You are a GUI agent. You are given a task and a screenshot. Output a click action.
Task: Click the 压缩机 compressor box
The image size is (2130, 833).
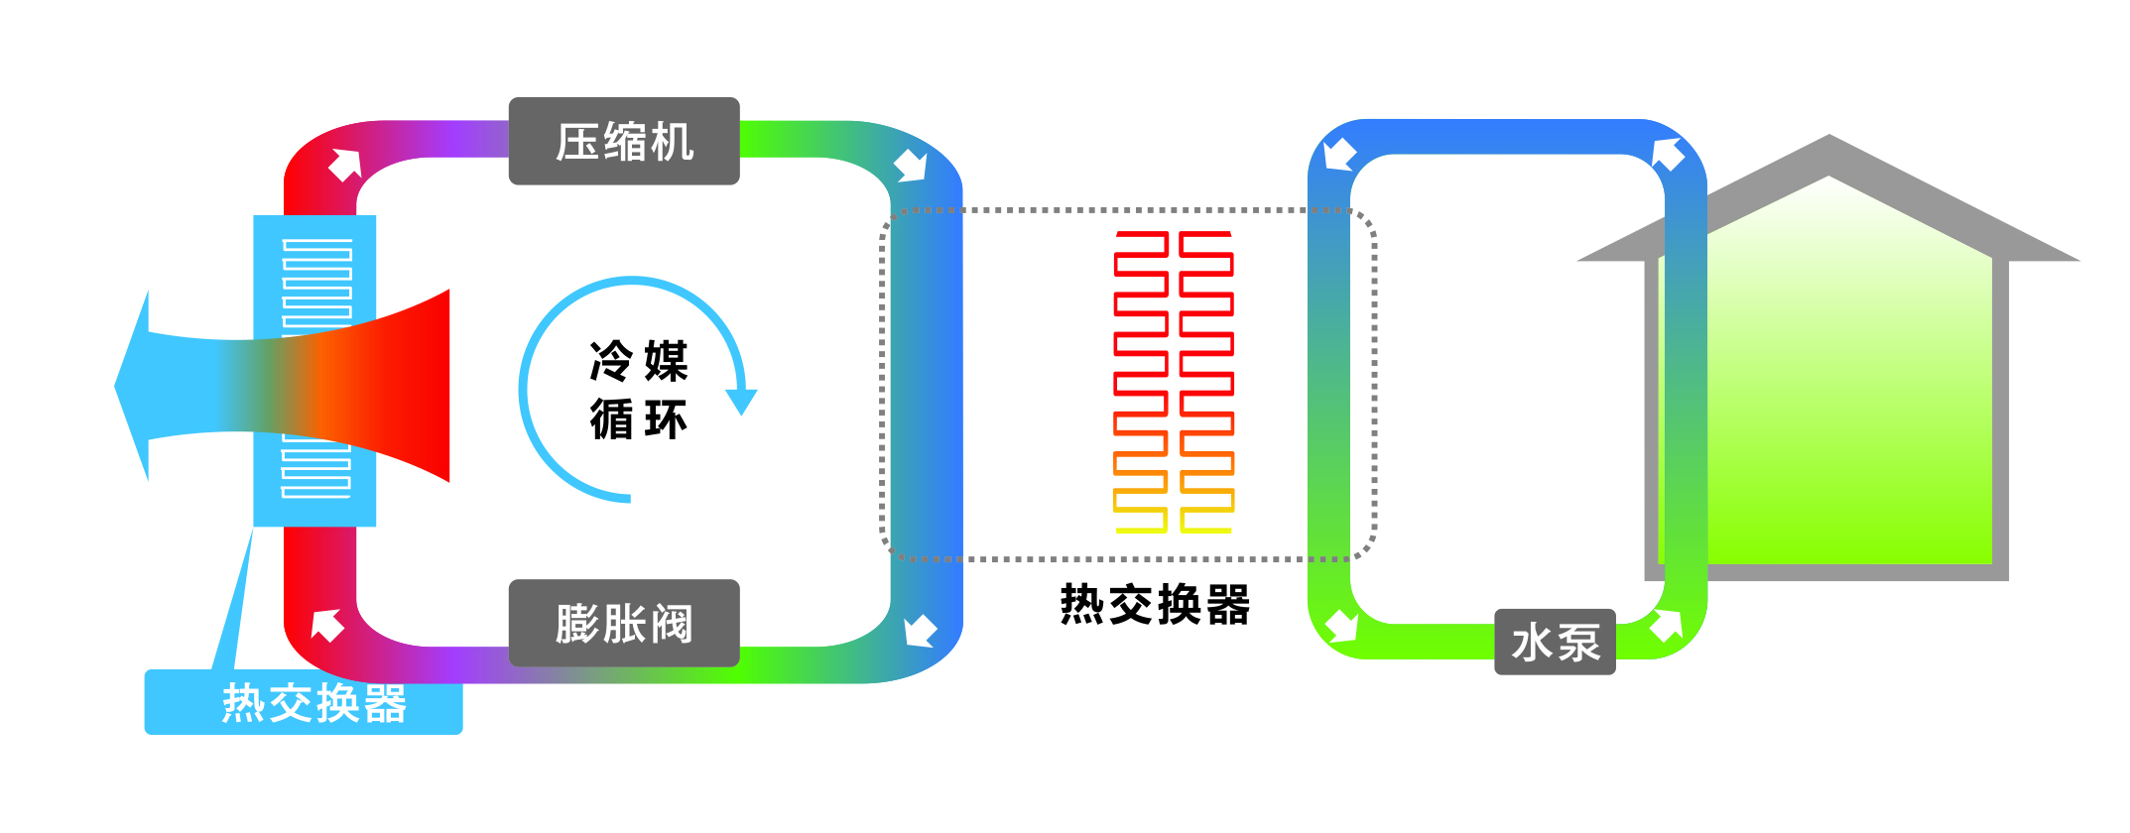click(624, 141)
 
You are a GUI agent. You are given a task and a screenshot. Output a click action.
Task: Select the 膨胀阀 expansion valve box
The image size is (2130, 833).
click(624, 623)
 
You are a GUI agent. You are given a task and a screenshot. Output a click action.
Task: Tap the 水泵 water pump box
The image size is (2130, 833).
click(1555, 643)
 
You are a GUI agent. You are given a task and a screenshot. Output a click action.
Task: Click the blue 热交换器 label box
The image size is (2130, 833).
click(304, 702)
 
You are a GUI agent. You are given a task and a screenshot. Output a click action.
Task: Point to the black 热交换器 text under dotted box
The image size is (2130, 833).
click(1155, 604)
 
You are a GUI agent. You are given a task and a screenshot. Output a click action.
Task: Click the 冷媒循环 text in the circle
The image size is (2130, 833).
click(638, 389)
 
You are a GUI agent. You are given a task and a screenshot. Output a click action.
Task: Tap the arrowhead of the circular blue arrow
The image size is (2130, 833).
click(741, 402)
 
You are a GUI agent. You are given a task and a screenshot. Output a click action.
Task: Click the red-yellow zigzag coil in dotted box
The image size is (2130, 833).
click(1174, 382)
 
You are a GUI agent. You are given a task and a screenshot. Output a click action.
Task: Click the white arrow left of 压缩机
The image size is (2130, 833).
click(345, 165)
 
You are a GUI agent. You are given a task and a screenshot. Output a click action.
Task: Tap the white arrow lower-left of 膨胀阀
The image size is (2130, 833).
click(327, 625)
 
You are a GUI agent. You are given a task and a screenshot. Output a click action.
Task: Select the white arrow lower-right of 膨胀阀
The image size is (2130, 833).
click(920, 630)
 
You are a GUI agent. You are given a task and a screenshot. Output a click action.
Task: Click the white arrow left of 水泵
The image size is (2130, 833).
click(1342, 626)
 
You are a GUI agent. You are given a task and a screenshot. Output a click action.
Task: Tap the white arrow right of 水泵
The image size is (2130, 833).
click(1667, 626)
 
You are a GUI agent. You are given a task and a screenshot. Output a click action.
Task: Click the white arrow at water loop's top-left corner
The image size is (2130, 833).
click(1340, 155)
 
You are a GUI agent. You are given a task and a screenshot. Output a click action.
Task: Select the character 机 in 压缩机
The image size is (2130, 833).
click(673, 142)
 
